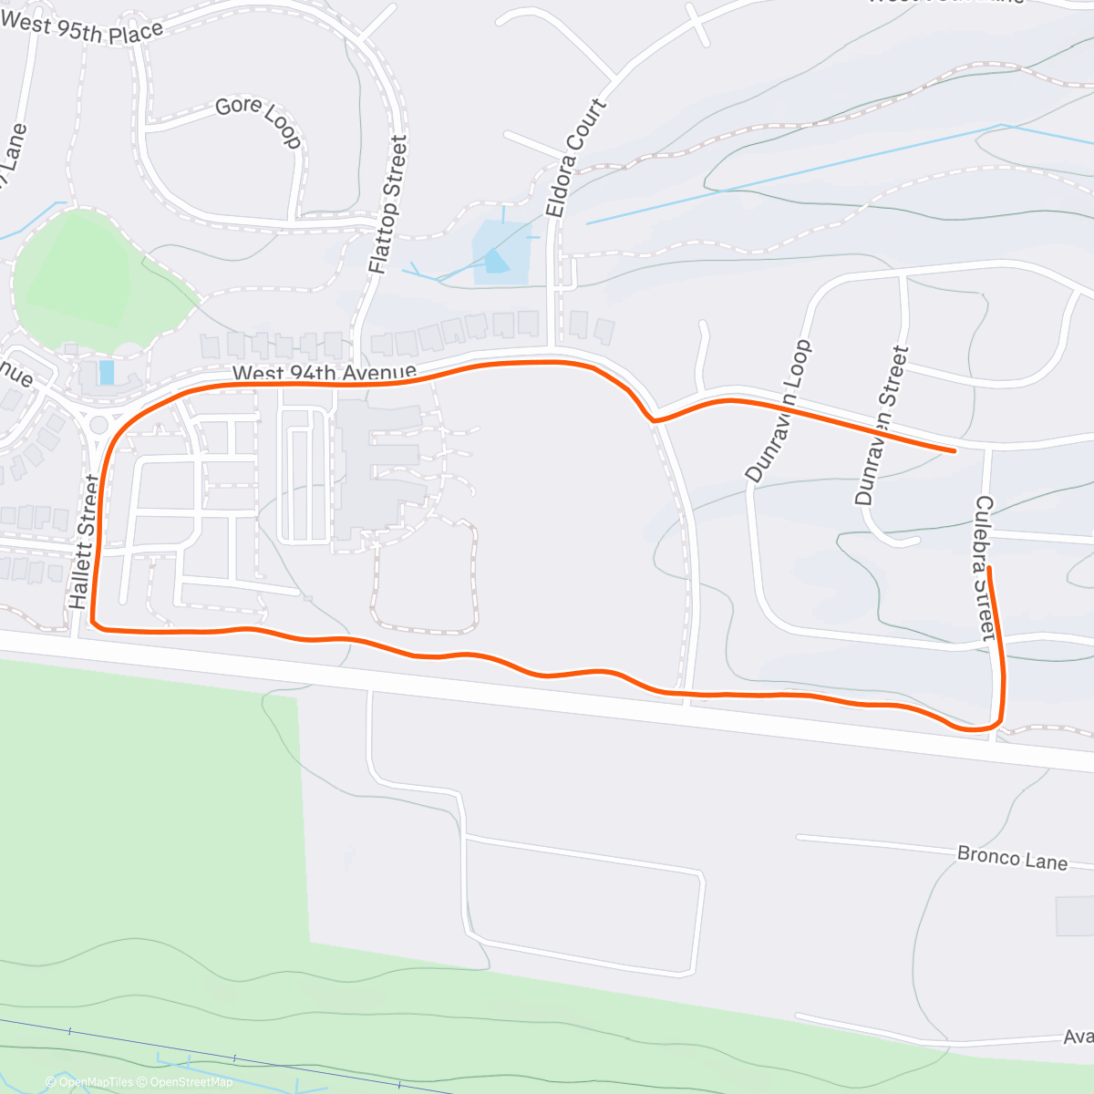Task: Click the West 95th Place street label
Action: click(x=82, y=27)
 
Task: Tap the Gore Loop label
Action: click(x=258, y=121)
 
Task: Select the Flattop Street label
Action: click(x=387, y=204)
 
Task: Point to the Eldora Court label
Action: click(x=575, y=158)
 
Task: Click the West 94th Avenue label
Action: click(x=324, y=373)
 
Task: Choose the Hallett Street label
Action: click(x=83, y=542)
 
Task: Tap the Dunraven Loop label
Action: click(x=778, y=411)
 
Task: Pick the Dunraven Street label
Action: click(x=882, y=426)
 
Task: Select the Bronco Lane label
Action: click(x=1012, y=858)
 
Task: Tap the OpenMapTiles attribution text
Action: click(x=89, y=1082)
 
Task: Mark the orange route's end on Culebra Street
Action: click(x=988, y=569)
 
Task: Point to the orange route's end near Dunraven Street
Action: click(x=954, y=450)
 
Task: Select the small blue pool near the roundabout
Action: click(x=107, y=372)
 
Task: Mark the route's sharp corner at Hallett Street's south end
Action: click(x=95, y=623)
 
